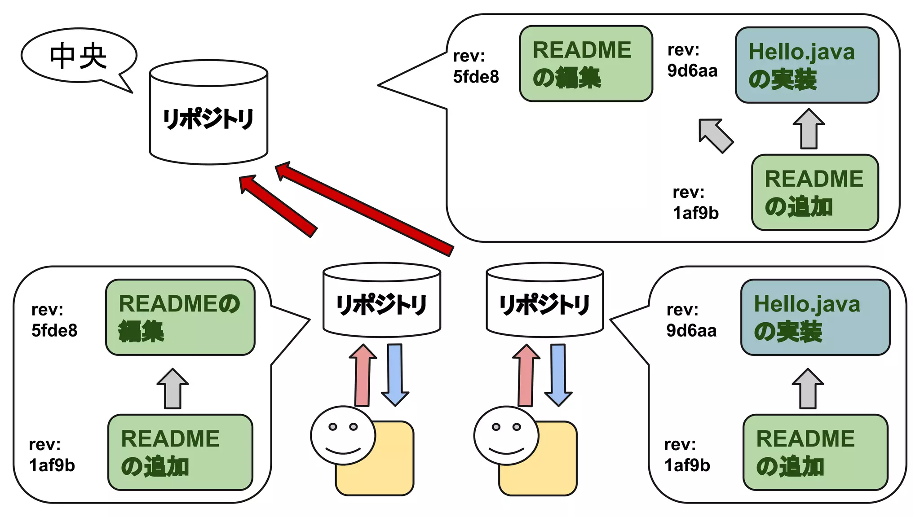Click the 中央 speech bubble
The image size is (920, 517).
(78, 56)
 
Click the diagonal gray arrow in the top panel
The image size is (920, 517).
(716, 136)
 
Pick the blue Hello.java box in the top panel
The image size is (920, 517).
(807, 66)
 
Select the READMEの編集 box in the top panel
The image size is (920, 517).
(586, 64)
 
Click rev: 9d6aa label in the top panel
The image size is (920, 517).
(692, 61)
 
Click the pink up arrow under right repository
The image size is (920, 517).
(526, 375)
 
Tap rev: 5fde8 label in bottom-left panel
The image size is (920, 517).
(54, 320)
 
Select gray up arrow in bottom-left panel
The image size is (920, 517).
(172, 389)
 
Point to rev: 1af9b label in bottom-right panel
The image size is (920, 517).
(687, 455)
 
